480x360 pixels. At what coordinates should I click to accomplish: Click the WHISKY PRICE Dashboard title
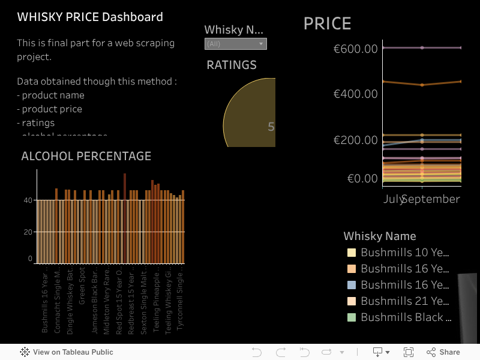click(x=90, y=17)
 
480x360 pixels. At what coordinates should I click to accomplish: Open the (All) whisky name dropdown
click(x=235, y=44)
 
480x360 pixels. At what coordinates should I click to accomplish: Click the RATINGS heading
click(x=231, y=65)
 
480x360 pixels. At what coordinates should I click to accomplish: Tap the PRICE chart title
click(x=327, y=23)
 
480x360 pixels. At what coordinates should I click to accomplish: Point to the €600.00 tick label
click(x=355, y=48)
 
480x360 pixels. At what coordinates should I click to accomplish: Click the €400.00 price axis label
click(x=355, y=94)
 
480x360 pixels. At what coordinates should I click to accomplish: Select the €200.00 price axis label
click(x=355, y=140)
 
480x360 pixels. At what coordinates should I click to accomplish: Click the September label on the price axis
click(x=431, y=199)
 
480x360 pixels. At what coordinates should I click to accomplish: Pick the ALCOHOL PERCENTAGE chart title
click(x=86, y=156)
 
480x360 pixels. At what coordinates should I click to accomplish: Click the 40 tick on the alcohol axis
click(x=28, y=200)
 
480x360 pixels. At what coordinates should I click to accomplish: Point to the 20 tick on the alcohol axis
click(x=28, y=232)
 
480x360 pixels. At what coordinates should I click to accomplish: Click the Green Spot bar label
click(x=82, y=288)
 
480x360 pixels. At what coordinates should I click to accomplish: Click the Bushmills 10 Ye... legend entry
click(x=404, y=253)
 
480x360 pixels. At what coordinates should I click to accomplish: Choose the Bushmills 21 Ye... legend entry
click(x=404, y=301)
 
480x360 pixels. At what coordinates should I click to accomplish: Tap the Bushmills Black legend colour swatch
click(x=352, y=317)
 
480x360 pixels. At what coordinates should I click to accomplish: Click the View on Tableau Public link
click(x=73, y=352)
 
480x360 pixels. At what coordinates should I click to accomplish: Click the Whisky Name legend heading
click(x=379, y=236)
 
